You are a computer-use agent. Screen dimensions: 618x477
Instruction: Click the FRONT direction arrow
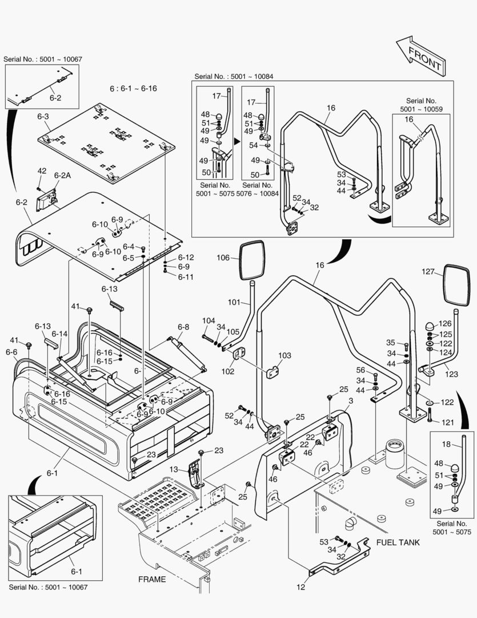(420, 55)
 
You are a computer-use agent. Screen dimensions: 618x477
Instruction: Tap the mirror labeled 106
(251, 260)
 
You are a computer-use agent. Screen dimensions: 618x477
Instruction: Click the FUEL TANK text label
(398, 542)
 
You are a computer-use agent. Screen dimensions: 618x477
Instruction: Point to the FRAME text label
(152, 579)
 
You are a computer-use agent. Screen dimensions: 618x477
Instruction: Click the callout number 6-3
(43, 117)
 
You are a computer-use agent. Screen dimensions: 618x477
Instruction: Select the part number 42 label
(42, 171)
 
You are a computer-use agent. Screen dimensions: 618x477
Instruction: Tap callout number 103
(284, 355)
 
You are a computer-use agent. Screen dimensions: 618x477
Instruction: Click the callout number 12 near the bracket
(301, 586)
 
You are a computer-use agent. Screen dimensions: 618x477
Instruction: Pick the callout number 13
(174, 469)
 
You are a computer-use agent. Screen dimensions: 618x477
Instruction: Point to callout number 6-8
(183, 327)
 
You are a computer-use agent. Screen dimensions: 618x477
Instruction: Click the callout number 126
(444, 323)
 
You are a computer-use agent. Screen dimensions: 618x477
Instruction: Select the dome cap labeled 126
(428, 325)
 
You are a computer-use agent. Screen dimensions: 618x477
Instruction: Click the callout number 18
(447, 444)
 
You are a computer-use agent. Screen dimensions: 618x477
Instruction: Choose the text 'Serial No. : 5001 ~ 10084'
(233, 76)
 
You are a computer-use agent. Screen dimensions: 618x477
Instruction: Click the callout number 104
(209, 320)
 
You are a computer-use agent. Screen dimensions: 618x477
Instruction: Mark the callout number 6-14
(59, 334)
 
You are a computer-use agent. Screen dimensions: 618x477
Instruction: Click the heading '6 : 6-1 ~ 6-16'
(133, 89)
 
